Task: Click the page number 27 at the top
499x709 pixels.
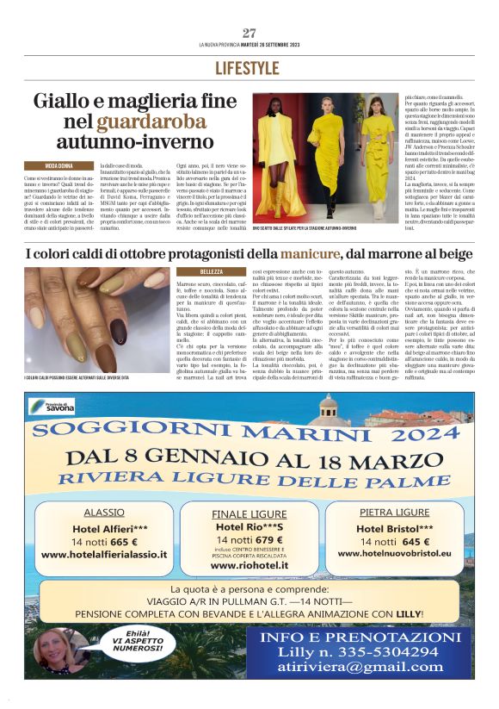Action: point(249,33)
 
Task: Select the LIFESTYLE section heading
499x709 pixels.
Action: point(249,67)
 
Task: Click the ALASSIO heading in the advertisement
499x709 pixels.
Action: point(104,512)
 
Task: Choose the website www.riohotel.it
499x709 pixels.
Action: point(249,566)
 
